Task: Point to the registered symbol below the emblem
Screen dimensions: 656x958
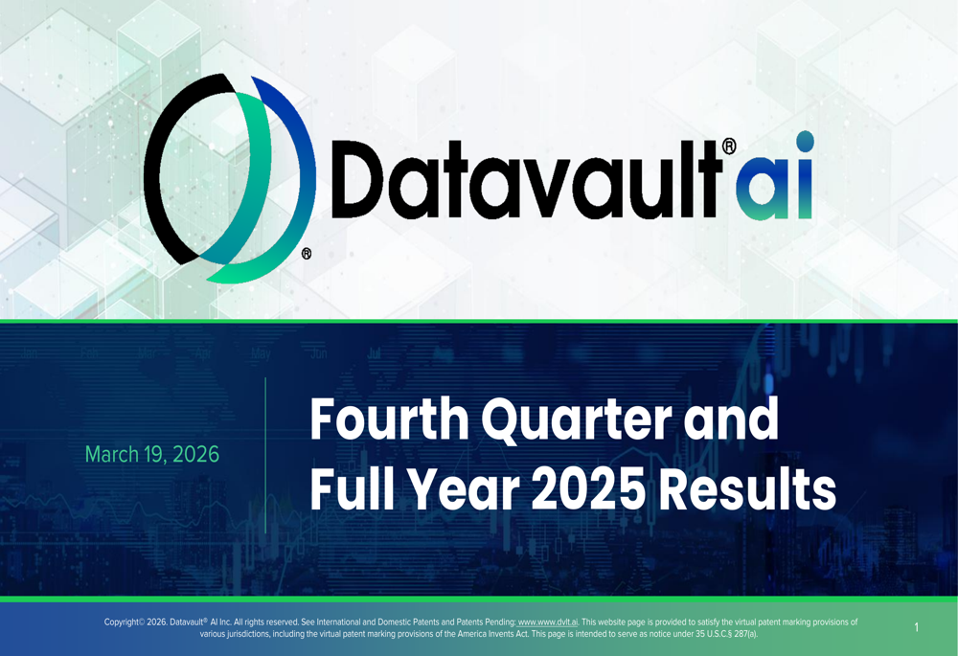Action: [x=307, y=254]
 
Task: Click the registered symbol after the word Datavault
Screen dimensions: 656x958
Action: [x=729, y=147]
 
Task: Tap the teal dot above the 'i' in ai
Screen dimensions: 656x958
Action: [x=804, y=142]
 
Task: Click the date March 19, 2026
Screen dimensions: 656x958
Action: [x=151, y=454]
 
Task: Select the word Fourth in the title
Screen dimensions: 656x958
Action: [x=388, y=420]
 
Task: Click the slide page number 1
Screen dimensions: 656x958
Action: [x=916, y=628]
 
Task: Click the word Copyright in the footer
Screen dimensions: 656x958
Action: [x=122, y=622]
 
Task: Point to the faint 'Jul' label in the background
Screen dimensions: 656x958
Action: [x=374, y=354]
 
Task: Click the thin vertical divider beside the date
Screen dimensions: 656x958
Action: [x=265, y=455]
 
